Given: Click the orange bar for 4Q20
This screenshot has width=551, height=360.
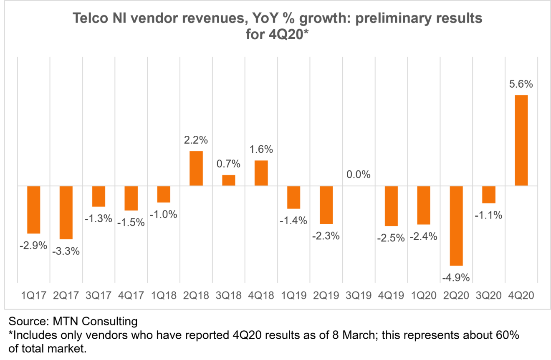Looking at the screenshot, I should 521,140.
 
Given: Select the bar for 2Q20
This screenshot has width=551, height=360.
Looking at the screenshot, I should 456,226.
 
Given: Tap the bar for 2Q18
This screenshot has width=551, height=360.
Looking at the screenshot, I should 196,168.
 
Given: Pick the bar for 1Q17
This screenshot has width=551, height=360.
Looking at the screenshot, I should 33,210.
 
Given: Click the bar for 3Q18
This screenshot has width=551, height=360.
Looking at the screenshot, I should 229,180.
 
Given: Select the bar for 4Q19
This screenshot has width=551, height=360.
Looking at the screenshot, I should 391,206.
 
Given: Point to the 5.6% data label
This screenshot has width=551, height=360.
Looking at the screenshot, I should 521,84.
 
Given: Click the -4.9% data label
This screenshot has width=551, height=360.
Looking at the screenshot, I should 456,277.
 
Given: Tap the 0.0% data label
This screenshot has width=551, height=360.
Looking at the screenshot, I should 359,175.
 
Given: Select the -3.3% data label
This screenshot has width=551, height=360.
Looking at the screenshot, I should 66,251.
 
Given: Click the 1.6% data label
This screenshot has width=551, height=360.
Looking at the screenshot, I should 261,149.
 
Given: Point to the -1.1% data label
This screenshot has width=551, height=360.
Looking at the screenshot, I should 488,215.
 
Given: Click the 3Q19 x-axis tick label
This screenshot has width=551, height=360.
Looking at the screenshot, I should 359,295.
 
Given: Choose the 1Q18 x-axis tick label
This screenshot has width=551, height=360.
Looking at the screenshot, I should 164,295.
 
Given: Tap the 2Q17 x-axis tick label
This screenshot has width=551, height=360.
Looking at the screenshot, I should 66,295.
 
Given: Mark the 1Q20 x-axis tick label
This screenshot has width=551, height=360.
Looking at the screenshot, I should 424,295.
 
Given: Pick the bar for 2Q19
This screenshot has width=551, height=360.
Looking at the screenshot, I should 326,205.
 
